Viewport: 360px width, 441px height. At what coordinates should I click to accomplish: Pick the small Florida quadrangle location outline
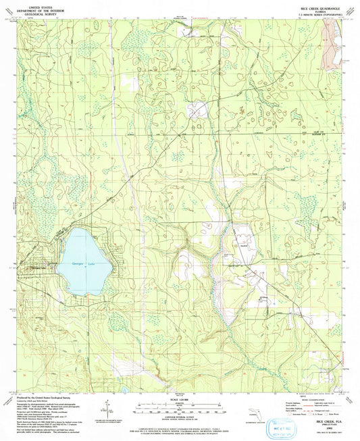(265, 413)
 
